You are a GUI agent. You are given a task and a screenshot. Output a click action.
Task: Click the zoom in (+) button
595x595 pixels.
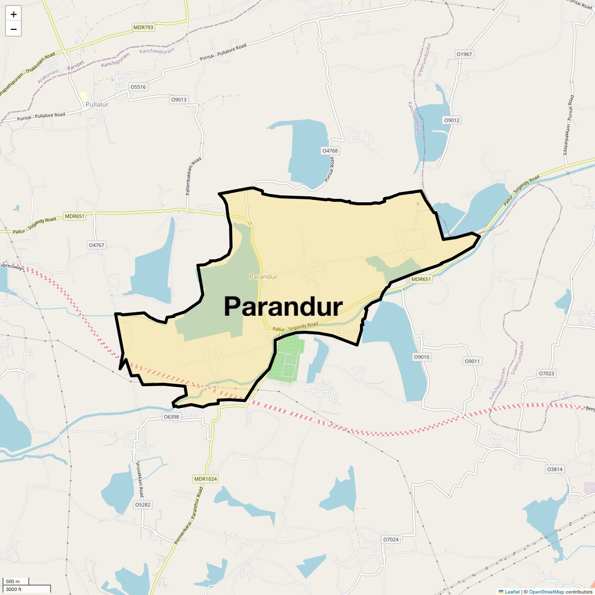click(x=13, y=14)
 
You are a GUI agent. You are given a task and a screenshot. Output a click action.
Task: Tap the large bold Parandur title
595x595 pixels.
click(x=283, y=306)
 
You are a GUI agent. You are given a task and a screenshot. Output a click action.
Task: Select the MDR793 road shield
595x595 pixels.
click(x=143, y=28)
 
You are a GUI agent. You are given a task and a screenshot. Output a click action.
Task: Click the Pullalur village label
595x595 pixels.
click(x=97, y=105)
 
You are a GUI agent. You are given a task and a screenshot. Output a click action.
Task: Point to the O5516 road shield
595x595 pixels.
click(x=138, y=87)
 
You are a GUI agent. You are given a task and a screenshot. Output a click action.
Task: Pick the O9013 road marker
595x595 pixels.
click(x=179, y=100)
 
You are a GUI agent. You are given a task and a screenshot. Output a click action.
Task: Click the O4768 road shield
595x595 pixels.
click(x=330, y=151)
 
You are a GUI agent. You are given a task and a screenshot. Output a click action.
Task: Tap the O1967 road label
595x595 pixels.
click(x=465, y=54)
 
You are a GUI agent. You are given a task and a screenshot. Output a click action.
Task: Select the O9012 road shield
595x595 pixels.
click(x=452, y=120)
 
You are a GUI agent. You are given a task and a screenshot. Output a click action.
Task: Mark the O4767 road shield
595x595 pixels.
click(x=96, y=245)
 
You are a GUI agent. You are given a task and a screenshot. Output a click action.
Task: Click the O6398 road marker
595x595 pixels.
click(x=171, y=417)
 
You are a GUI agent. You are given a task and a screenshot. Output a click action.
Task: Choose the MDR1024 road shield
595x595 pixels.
click(x=206, y=479)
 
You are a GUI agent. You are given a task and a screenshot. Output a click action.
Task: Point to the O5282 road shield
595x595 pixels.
click(x=143, y=505)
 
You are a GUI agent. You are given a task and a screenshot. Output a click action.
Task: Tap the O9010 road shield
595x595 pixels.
click(x=422, y=357)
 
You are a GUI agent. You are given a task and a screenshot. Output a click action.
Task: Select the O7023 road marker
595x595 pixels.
click(x=546, y=373)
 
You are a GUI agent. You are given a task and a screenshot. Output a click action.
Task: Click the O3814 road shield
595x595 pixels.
click(x=555, y=469)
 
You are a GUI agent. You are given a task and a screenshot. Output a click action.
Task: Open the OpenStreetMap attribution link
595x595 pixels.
click(x=546, y=592)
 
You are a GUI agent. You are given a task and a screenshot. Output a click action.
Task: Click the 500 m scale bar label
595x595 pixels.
click(x=13, y=582)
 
